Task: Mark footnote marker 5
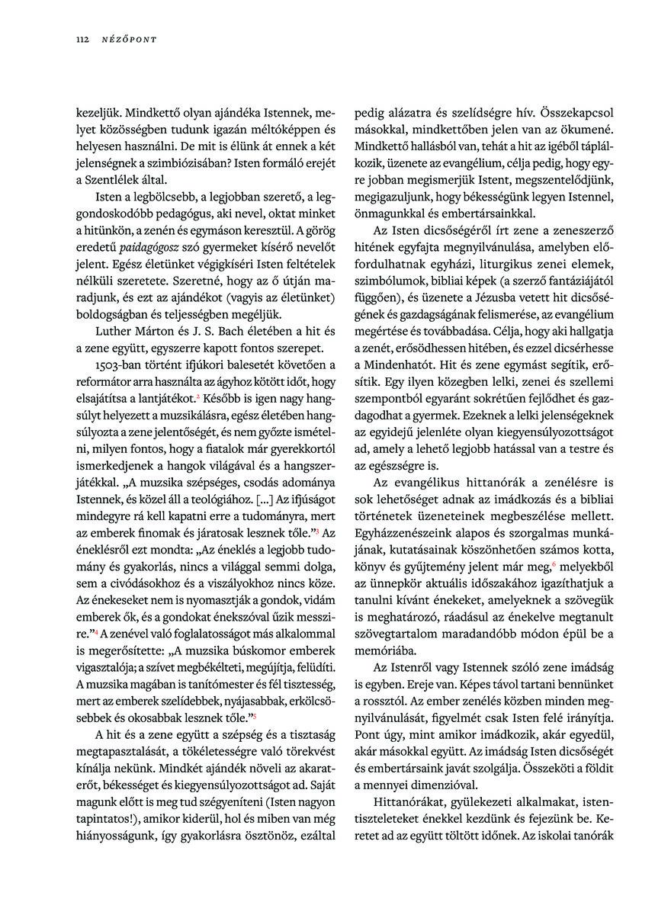pyautogui.click(x=255, y=716)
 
